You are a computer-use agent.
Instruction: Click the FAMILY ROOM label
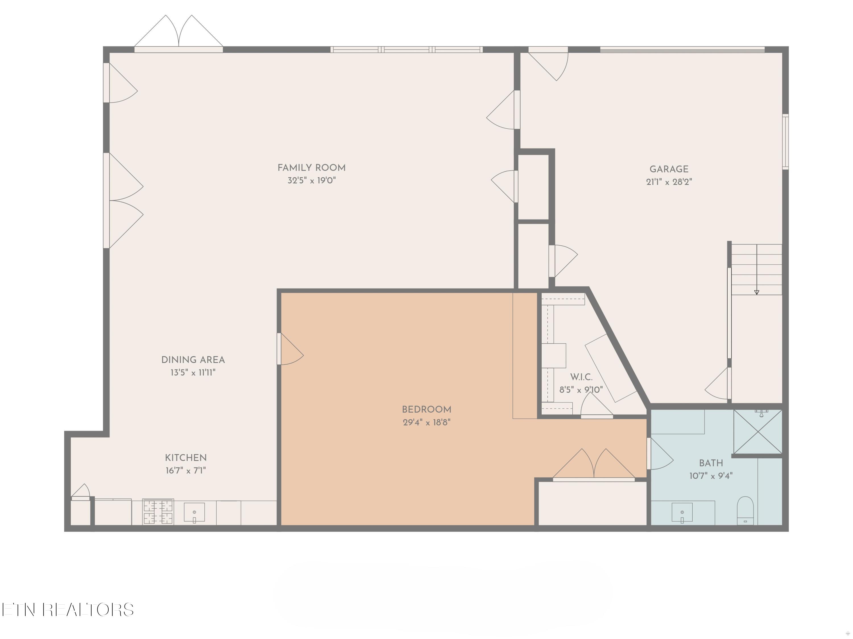(x=312, y=168)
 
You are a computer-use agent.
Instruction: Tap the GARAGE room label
(x=669, y=169)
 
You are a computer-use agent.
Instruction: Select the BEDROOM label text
(x=426, y=410)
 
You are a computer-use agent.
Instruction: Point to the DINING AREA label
(x=193, y=360)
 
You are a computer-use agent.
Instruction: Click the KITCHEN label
(x=186, y=458)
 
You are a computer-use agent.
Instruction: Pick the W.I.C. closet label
(x=581, y=377)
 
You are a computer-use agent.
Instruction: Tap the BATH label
(x=711, y=463)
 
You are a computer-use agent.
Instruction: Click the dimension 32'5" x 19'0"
(x=312, y=180)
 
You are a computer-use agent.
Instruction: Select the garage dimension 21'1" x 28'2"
(x=669, y=182)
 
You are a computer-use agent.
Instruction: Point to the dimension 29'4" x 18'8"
(x=426, y=422)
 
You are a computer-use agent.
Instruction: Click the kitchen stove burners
(x=158, y=512)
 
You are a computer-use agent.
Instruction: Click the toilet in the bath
(x=745, y=510)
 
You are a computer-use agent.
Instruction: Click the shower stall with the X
(x=758, y=432)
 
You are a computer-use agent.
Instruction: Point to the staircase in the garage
(x=757, y=270)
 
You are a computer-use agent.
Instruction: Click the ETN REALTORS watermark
(x=68, y=610)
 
